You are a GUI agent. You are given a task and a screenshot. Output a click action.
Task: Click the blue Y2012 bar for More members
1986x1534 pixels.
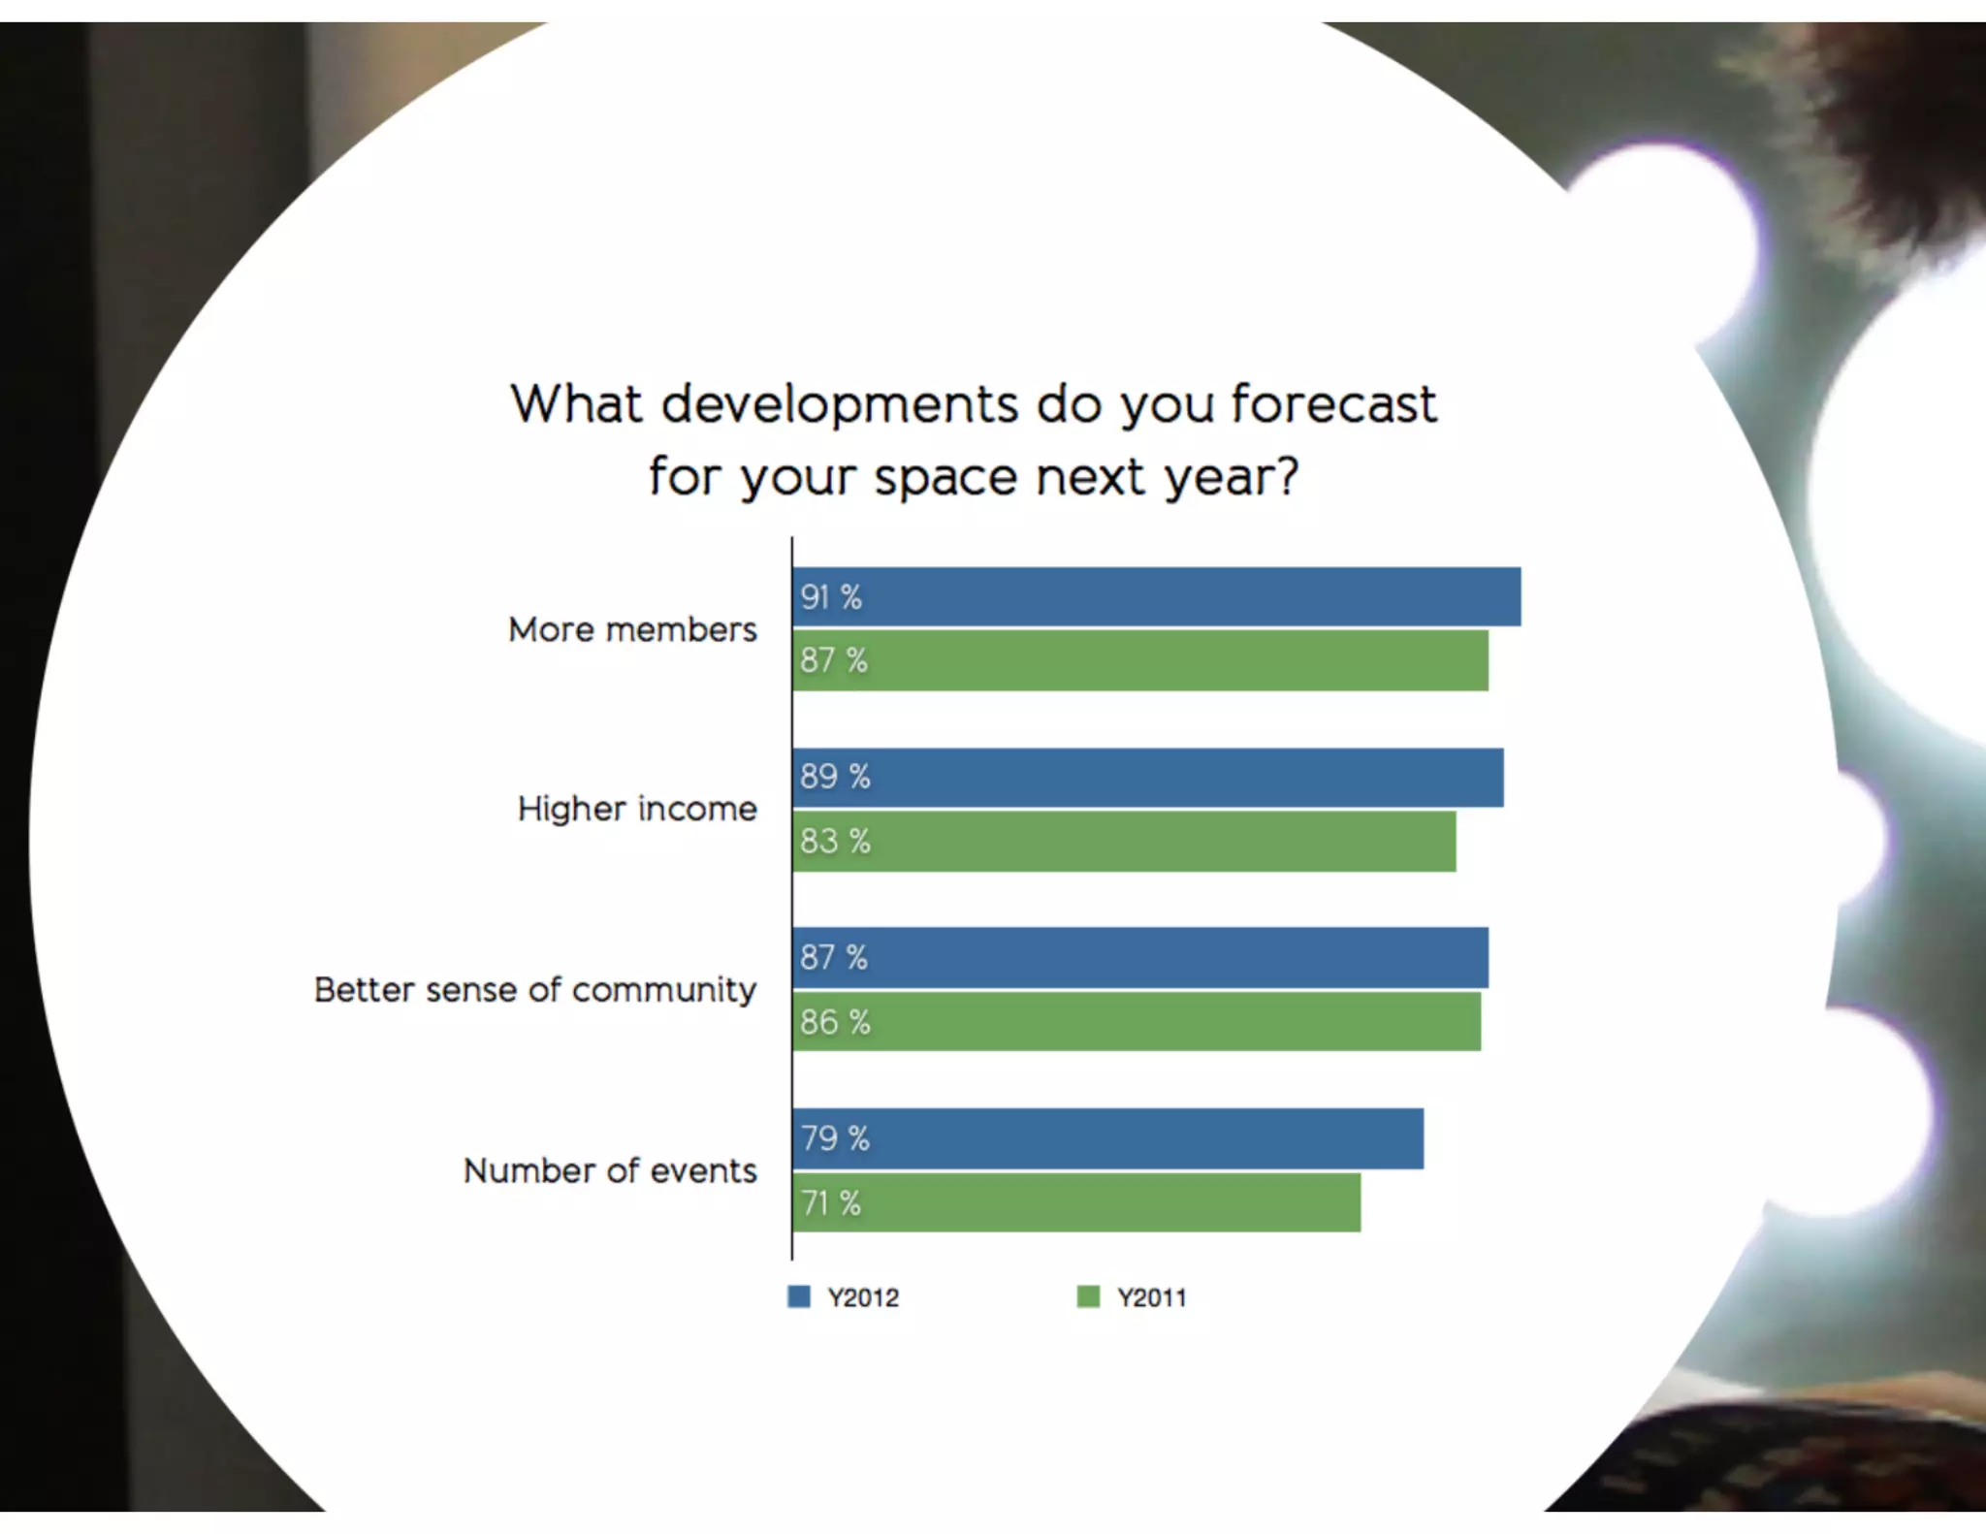click(x=1156, y=596)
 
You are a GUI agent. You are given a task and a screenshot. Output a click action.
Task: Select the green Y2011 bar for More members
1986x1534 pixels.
click(x=1139, y=660)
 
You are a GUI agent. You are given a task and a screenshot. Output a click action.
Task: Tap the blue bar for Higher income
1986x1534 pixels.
click(x=1147, y=777)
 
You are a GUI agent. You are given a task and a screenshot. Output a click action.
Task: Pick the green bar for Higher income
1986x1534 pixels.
click(x=1124, y=841)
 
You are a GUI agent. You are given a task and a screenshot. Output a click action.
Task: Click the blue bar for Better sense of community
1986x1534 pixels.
click(x=1139, y=957)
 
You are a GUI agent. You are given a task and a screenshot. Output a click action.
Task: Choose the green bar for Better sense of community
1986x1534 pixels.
click(x=1136, y=1021)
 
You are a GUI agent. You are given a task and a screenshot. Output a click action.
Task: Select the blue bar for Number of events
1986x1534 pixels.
click(x=1107, y=1138)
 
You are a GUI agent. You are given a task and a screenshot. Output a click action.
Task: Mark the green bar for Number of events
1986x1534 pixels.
click(x=1075, y=1202)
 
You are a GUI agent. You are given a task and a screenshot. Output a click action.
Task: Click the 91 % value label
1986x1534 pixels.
click(x=831, y=597)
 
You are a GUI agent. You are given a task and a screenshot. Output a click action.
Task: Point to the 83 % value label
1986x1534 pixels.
click(x=835, y=841)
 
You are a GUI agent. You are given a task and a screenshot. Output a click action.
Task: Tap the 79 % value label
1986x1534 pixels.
click(x=834, y=1138)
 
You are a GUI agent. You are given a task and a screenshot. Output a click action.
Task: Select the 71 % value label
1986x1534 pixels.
click(x=831, y=1203)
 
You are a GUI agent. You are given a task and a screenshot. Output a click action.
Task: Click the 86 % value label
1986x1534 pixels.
click(x=835, y=1022)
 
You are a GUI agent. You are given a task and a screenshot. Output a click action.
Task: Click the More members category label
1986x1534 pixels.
click(x=632, y=629)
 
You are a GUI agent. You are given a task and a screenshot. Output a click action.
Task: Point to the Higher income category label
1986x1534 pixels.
click(x=637, y=809)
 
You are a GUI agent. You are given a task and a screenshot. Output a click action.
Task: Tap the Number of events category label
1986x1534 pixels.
click(x=610, y=1170)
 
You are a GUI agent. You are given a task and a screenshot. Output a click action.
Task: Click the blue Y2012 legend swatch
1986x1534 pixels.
click(x=798, y=1296)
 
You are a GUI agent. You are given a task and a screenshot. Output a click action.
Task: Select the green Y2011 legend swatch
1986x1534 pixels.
click(x=1088, y=1296)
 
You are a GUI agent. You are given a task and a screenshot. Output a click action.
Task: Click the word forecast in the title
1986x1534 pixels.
click(x=1333, y=403)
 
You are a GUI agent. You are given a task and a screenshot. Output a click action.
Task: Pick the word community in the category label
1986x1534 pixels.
click(x=663, y=991)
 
